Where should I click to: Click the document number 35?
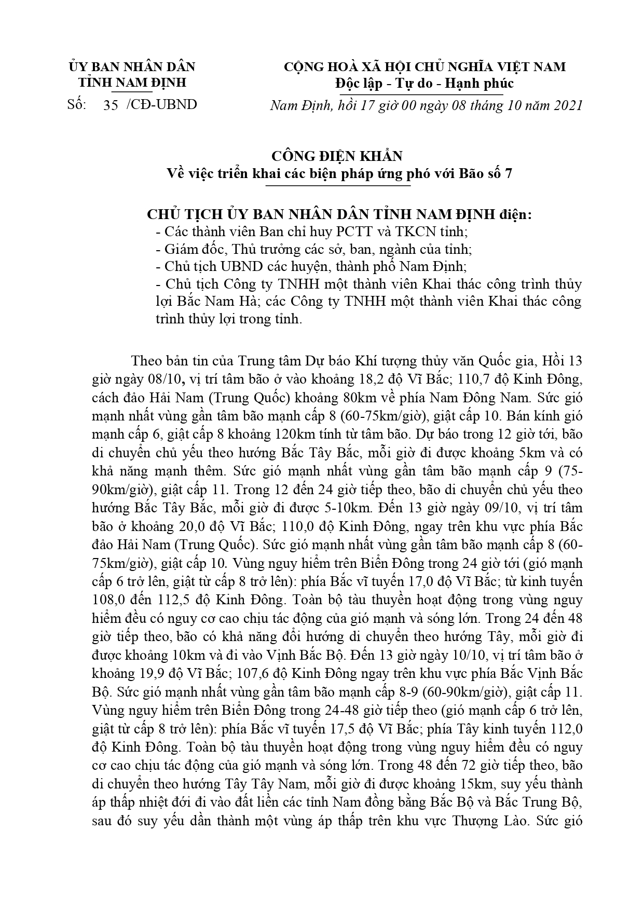pyautogui.click(x=111, y=105)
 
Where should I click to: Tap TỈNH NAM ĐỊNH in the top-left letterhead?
pyautogui.click(x=132, y=83)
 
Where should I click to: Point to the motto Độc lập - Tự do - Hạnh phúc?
pyautogui.click(x=424, y=83)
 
